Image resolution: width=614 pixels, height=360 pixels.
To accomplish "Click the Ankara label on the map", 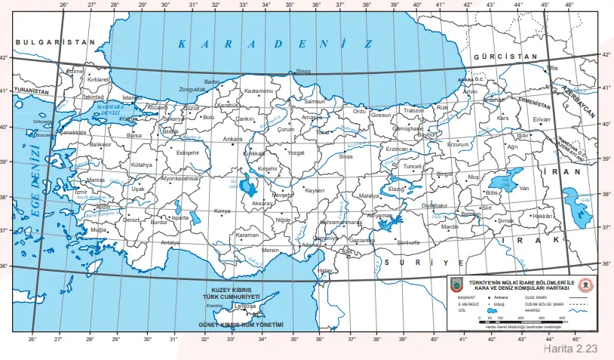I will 233,140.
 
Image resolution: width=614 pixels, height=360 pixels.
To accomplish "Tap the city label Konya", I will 223,211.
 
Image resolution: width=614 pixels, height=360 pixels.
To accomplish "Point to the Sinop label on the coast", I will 303,72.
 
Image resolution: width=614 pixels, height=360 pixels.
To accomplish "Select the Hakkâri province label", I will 543,216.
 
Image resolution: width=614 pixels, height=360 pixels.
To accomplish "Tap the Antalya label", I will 171,243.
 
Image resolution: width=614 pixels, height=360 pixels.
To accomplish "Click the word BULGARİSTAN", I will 56,43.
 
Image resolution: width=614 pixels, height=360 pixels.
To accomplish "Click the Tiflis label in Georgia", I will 553,68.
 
